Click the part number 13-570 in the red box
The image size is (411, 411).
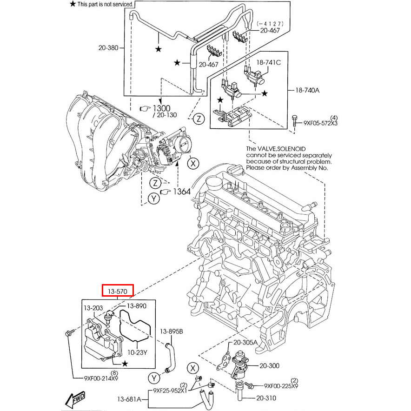click(x=118, y=291)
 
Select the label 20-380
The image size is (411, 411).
click(x=108, y=47)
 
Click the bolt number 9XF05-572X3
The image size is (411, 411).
click(x=320, y=123)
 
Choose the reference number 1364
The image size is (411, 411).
click(x=182, y=191)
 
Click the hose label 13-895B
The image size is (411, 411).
click(x=172, y=331)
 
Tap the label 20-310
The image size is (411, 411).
click(x=266, y=398)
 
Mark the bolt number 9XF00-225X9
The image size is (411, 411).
click(x=281, y=386)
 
